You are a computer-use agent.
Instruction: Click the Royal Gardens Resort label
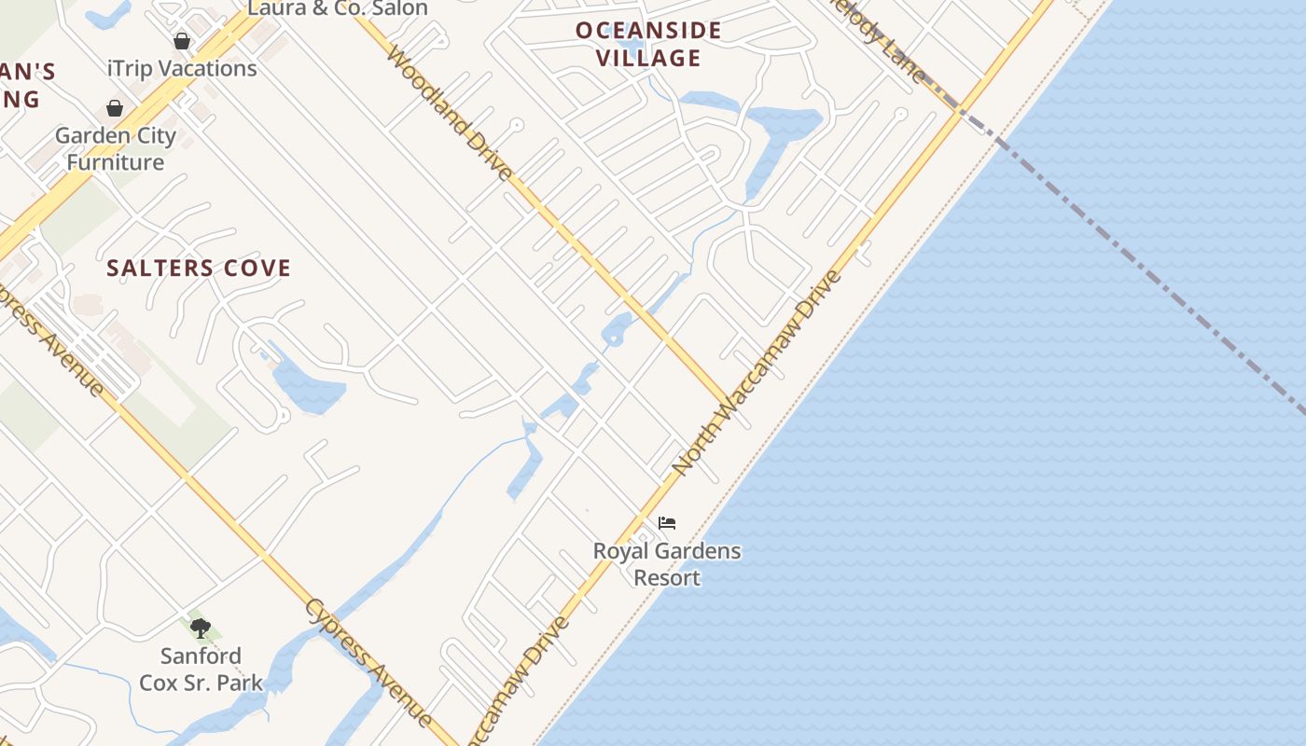(x=667, y=564)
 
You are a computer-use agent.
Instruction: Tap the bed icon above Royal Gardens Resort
(x=667, y=523)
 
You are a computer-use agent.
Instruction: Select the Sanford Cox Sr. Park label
(x=201, y=670)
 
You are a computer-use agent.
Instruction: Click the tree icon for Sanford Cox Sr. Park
(x=201, y=628)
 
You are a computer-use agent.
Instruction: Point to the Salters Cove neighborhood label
(x=199, y=269)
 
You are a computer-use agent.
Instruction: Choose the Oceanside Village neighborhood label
(x=649, y=44)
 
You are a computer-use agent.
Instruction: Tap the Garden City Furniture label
(x=116, y=148)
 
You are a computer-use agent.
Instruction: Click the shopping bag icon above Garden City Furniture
(x=115, y=109)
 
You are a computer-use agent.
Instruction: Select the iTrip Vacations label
(x=182, y=68)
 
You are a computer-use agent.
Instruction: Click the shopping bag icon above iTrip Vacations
(x=182, y=41)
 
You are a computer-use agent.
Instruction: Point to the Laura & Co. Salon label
(x=337, y=9)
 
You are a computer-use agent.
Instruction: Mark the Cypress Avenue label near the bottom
(x=368, y=662)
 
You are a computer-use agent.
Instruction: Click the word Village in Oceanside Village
(x=649, y=58)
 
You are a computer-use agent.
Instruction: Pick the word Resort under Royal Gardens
(x=667, y=578)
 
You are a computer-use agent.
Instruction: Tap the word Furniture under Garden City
(x=116, y=162)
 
